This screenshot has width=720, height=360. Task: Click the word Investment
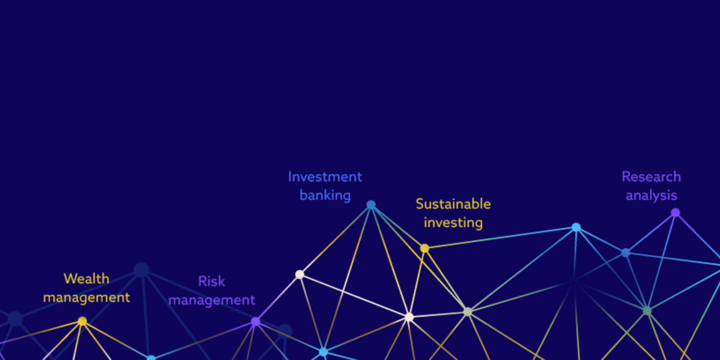[325, 177]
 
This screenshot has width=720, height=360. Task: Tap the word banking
[325, 195]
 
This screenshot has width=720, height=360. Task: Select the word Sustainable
[453, 204]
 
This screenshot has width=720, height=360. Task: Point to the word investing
[453, 223]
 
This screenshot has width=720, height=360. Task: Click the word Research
[651, 177]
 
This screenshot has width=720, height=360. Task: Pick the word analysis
[651, 195]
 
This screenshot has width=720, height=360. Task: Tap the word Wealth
[86, 279]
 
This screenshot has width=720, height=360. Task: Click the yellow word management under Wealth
[86, 298]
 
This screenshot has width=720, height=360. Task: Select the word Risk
[211, 281]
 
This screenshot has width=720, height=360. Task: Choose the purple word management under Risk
[211, 300]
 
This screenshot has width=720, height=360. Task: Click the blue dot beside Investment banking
[371, 205]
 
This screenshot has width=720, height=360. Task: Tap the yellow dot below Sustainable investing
[424, 248]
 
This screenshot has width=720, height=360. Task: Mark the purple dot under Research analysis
[675, 213]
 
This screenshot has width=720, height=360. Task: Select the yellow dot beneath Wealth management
[82, 321]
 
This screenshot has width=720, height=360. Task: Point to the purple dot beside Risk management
[255, 322]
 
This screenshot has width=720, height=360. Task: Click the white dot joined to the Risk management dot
[300, 274]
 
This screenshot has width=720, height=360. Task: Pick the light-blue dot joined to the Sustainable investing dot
[576, 227]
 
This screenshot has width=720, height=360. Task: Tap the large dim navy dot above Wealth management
[141, 270]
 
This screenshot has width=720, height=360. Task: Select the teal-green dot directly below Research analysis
[647, 311]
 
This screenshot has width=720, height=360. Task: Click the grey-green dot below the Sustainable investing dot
[468, 312]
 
